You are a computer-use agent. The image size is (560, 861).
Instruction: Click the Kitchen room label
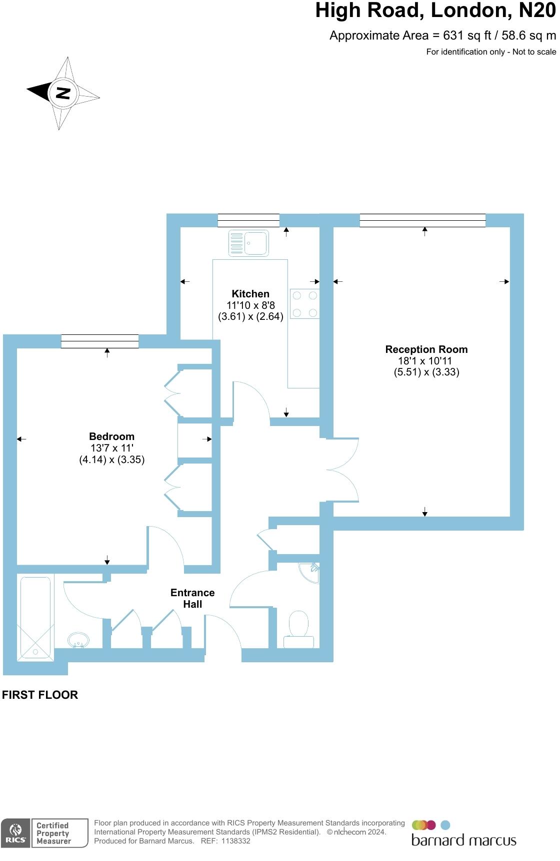250,294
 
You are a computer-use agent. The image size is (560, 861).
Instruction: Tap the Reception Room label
426,349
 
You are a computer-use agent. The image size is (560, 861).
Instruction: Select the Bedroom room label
111,437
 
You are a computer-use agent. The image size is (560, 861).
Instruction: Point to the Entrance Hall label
192,598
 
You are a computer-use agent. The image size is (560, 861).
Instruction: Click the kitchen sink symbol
248,243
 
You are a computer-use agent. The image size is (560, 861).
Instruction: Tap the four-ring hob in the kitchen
304,304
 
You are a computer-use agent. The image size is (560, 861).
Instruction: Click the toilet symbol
299,629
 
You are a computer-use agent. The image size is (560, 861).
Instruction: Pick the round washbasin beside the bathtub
78,639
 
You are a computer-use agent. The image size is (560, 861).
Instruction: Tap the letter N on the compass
63,93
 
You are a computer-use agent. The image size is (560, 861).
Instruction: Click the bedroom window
100,341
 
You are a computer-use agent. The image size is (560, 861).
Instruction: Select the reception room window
422,220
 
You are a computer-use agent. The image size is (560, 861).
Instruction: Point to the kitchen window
248,220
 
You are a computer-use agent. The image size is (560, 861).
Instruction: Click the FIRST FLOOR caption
40,695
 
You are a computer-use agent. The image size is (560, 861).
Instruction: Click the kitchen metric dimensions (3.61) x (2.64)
250,316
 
